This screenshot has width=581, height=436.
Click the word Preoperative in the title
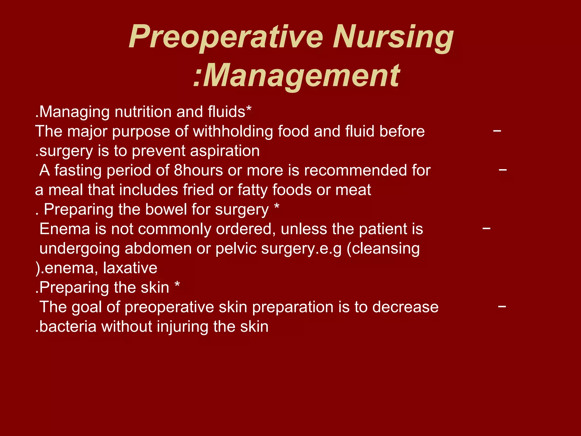coord(226,37)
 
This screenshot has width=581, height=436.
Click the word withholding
coord(233,131)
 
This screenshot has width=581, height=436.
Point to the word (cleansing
coord(383,248)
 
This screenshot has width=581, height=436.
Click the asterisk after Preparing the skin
coord(177,285)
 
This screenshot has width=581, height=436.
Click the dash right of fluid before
coord(497,131)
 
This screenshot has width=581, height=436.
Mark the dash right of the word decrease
coord(502,307)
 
